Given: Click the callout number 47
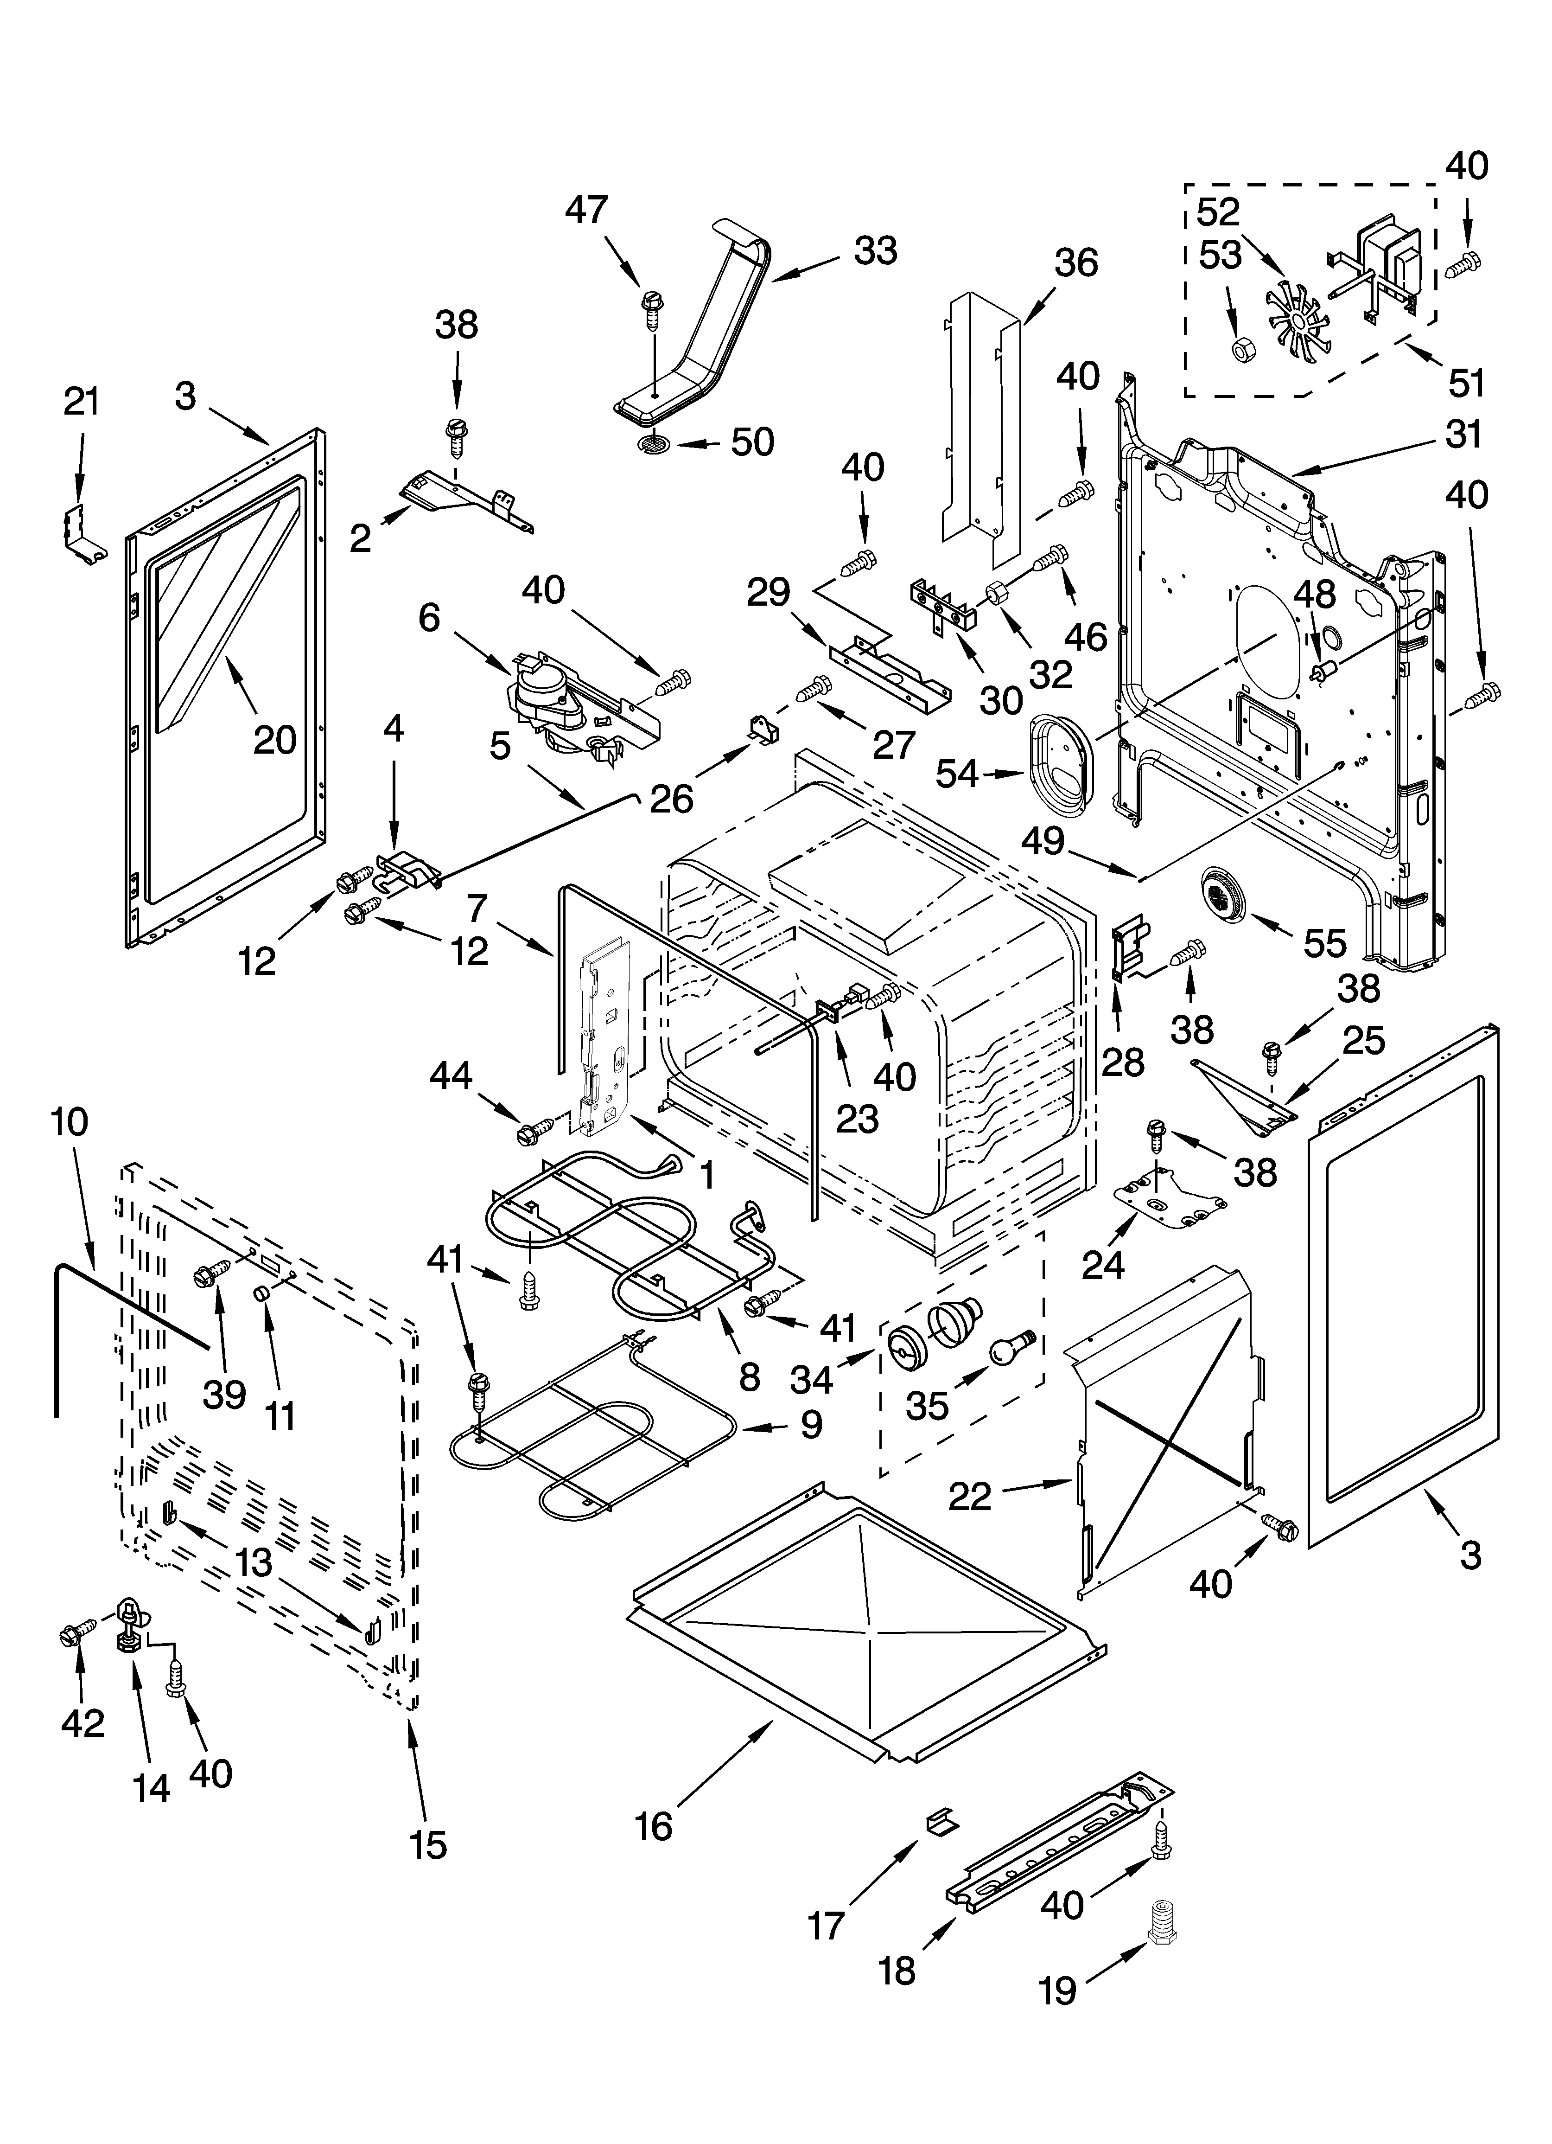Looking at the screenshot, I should coord(586,210).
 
